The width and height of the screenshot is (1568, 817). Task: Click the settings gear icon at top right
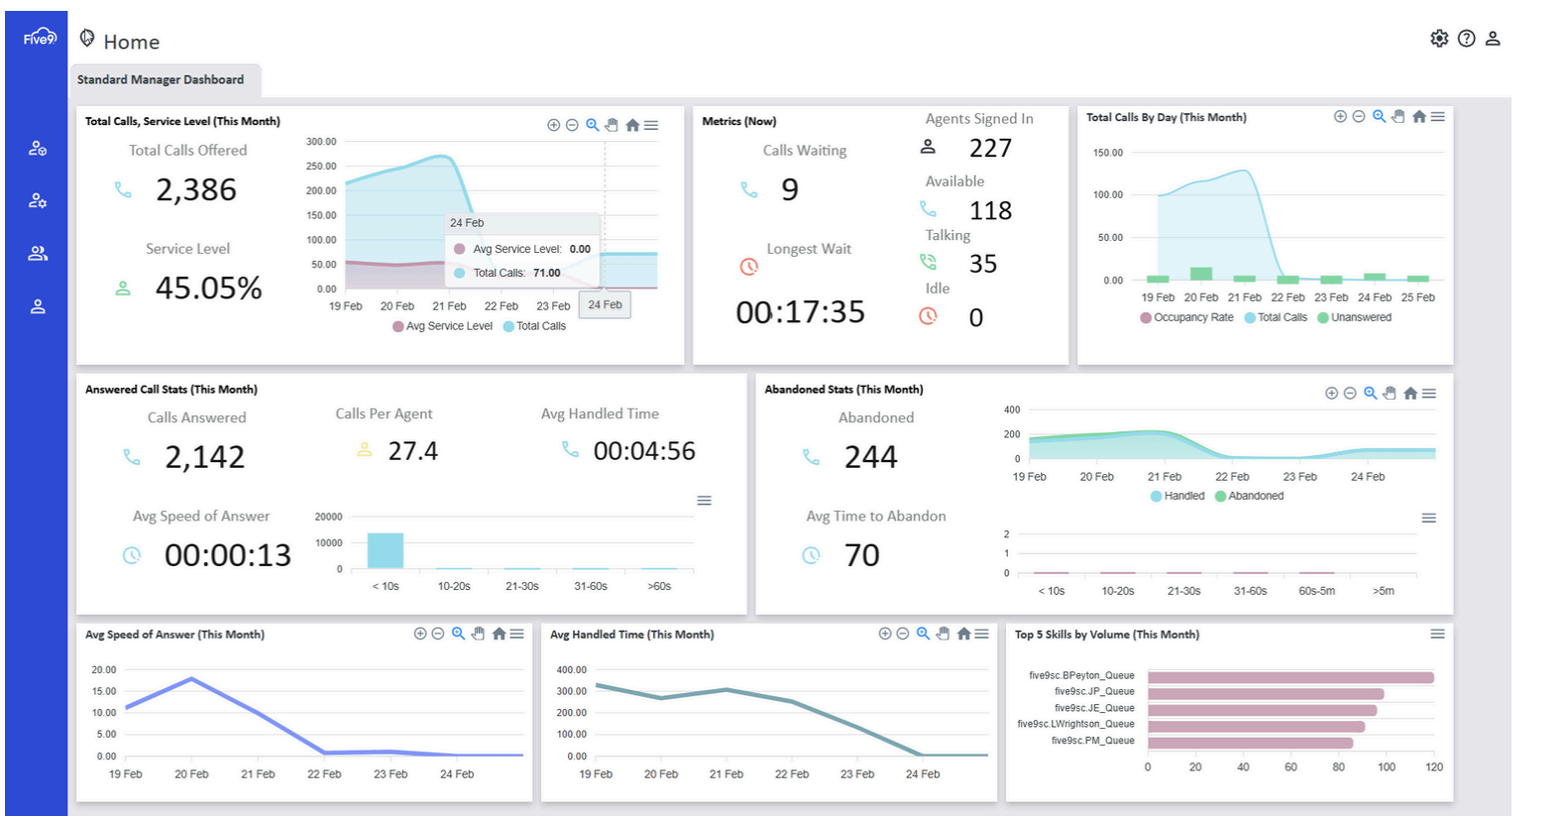[1439, 39]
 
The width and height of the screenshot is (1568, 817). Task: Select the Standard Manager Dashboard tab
[161, 80]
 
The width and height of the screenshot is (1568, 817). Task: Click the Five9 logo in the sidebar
[40, 38]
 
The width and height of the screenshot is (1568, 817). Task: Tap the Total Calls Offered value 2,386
[196, 189]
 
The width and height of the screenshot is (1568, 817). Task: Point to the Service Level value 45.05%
[208, 289]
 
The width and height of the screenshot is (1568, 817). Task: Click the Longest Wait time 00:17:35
[800, 312]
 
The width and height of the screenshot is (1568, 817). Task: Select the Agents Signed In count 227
[990, 149]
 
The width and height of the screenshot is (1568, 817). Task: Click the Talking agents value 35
[982, 264]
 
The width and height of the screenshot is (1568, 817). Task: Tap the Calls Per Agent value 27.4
[412, 451]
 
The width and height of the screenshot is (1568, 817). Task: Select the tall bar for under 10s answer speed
[386, 550]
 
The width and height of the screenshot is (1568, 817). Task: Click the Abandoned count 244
[870, 457]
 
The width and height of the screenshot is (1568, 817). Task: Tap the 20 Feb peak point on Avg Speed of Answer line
[191, 679]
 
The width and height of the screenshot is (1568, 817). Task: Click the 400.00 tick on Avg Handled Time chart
[572, 670]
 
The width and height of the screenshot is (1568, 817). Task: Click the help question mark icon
[1466, 39]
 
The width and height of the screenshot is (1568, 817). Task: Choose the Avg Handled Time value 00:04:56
[644, 451]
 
